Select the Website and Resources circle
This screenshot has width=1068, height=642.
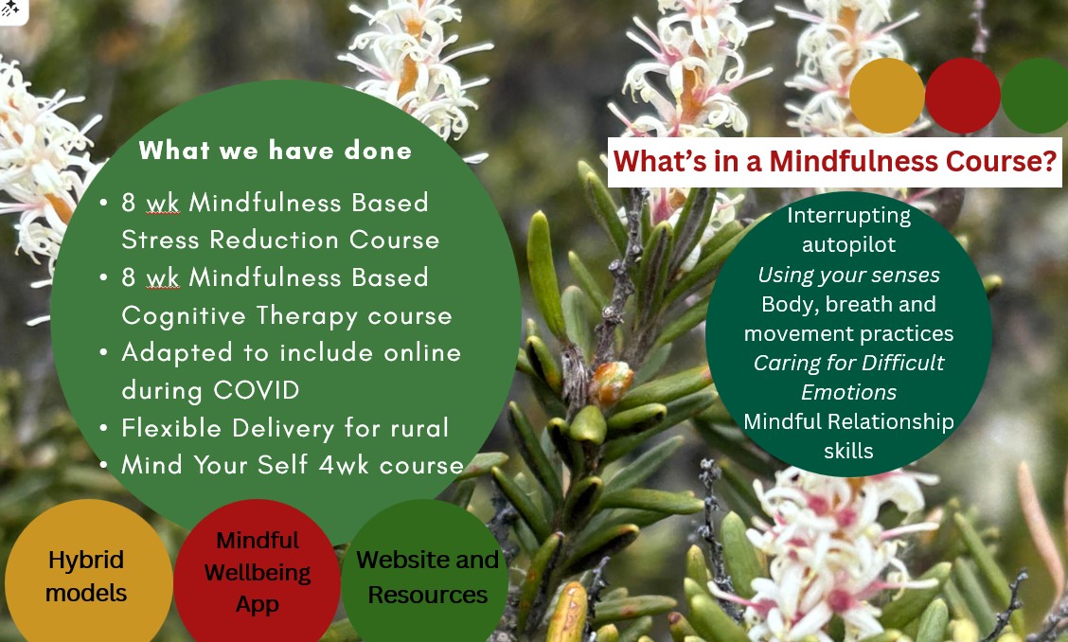click(426, 573)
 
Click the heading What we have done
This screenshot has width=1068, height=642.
click(276, 150)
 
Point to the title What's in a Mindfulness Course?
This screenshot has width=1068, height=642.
click(835, 162)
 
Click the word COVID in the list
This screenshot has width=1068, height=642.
click(256, 390)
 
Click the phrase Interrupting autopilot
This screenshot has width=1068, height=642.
click(848, 230)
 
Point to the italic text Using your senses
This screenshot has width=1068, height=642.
click(848, 275)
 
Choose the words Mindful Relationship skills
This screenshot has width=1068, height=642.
click(848, 436)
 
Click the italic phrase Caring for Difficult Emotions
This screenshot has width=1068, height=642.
click(848, 377)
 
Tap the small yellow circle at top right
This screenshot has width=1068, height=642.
click(887, 96)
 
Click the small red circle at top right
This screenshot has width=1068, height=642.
click(962, 96)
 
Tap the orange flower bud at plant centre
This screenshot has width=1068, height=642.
click(611, 383)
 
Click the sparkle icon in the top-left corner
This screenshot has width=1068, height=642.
click(10, 9)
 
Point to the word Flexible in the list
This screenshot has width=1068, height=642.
click(173, 428)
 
